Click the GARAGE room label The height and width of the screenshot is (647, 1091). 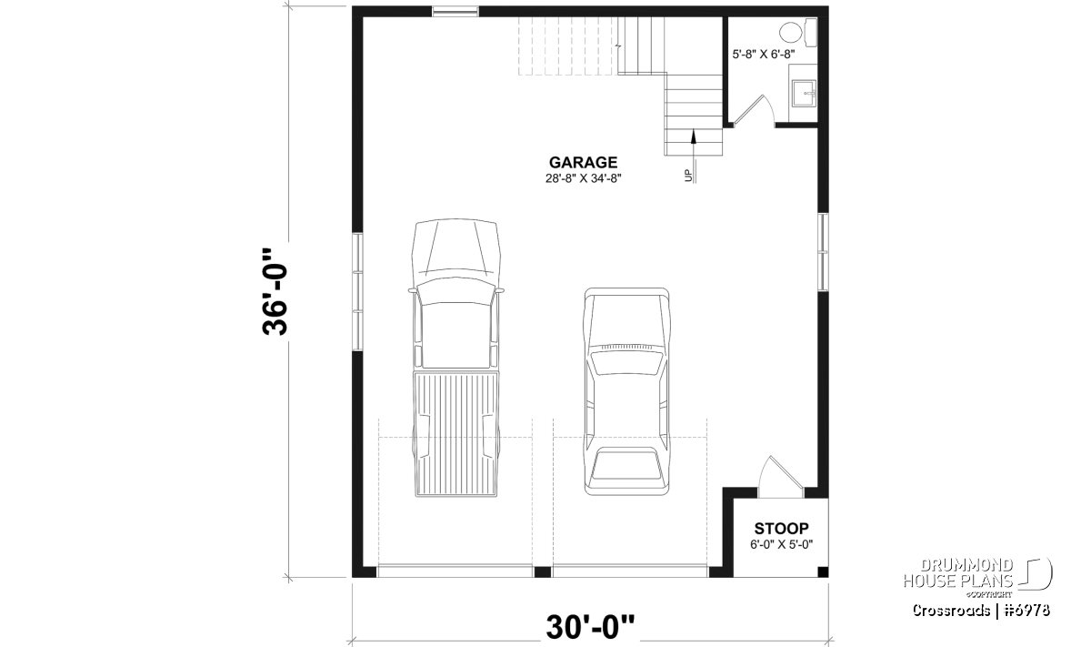[x=583, y=162]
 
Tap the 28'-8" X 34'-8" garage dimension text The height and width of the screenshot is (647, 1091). [x=583, y=178]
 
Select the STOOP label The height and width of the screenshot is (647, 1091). [x=781, y=529]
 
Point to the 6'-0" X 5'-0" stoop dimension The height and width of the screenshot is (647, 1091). [x=781, y=544]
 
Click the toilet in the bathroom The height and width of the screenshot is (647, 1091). [x=798, y=33]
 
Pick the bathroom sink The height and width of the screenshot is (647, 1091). [x=804, y=94]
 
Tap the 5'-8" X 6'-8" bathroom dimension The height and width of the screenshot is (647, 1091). [x=764, y=55]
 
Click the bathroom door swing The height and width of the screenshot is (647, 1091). [x=754, y=110]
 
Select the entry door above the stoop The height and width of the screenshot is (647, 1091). [x=780, y=477]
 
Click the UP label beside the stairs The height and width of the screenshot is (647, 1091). [x=687, y=176]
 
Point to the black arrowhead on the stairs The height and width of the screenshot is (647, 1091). [x=693, y=137]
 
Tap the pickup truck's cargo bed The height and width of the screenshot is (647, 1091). [x=456, y=434]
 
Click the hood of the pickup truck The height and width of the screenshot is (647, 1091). [x=455, y=249]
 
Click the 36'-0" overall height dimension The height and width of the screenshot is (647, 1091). [x=275, y=291]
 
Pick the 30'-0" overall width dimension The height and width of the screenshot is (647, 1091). [x=590, y=627]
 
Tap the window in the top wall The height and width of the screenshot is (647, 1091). [x=455, y=11]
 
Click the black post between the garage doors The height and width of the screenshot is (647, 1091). [x=543, y=571]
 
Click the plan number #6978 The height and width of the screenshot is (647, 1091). [x=1027, y=611]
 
